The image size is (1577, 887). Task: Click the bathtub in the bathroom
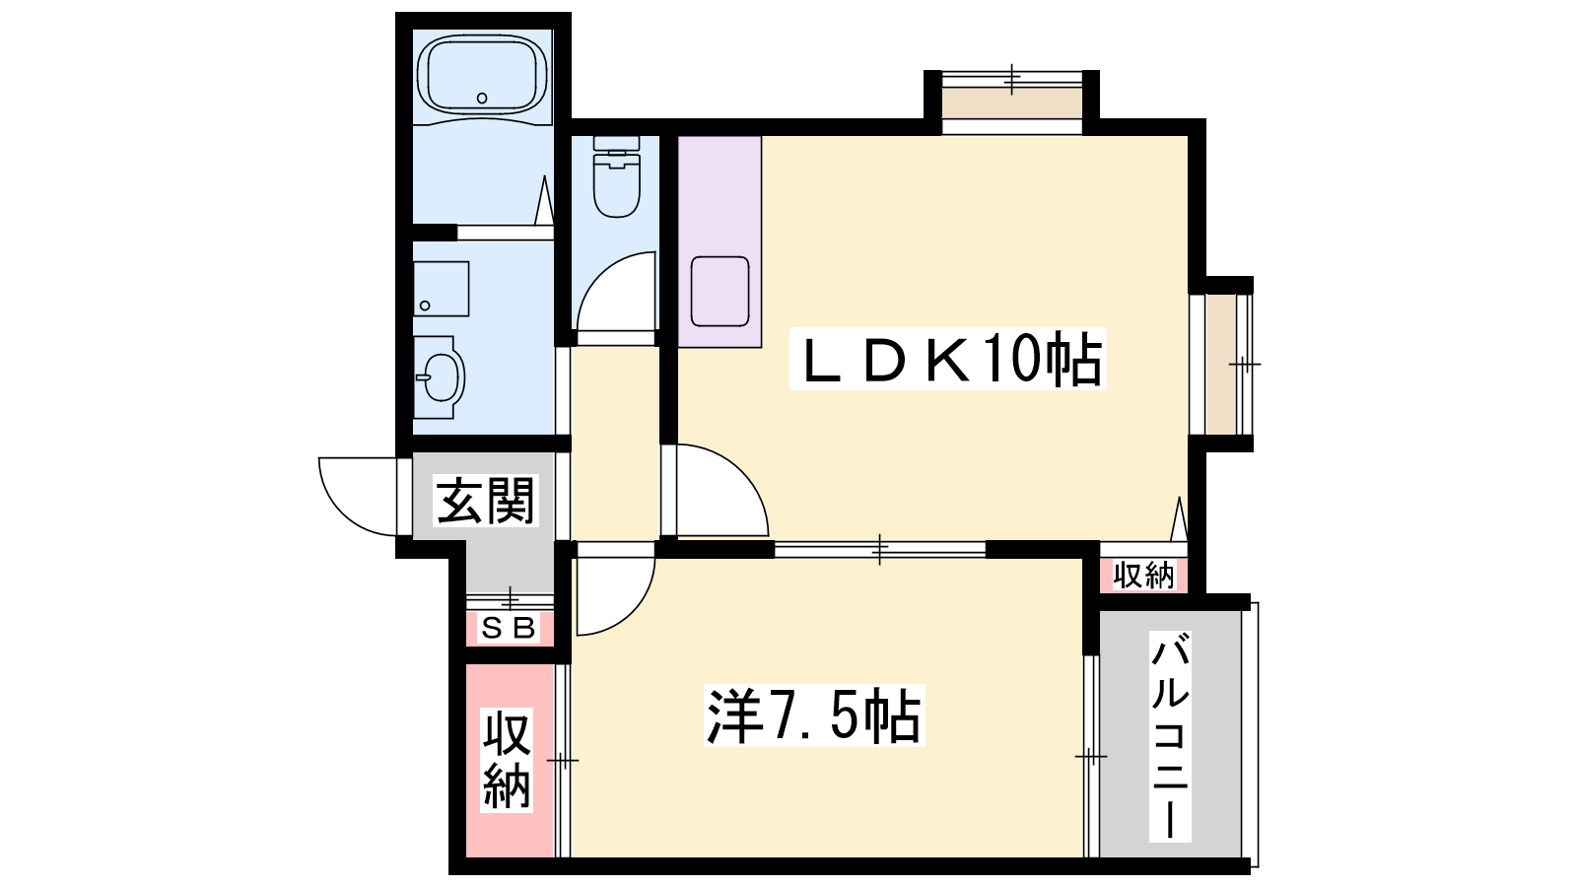click(x=482, y=75)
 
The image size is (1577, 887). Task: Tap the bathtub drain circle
click(x=482, y=98)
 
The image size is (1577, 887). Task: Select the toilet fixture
click(x=617, y=176)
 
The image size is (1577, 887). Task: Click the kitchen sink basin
click(x=720, y=292)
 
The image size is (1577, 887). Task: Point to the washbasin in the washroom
click(x=439, y=377)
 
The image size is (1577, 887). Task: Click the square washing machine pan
click(x=442, y=289)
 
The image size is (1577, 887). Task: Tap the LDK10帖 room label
click(x=948, y=359)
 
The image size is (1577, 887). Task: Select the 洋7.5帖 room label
click(x=814, y=716)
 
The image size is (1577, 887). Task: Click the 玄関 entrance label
click(x=486, y=501)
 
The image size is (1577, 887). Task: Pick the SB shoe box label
click(x=509, y=628)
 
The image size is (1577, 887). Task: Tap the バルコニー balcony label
click(x=1170, y=736)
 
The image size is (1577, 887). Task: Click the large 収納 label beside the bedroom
click(x=507, y=760)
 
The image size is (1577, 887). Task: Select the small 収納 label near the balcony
click(x=1144, y=576)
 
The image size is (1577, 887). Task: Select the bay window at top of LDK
click(x=1011, y=102)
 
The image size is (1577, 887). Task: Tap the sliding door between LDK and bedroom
click(x=880, y=549)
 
